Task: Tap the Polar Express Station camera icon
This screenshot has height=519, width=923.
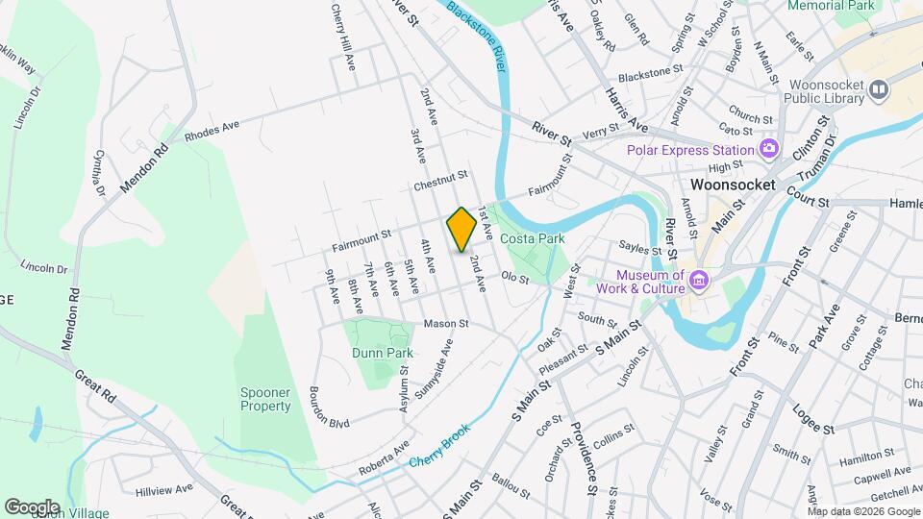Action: [768, 148]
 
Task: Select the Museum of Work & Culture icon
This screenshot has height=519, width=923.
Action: [699, 281]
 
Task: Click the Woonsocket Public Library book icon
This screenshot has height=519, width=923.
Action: [878, 90]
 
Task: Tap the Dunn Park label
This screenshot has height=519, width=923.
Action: [382, 353]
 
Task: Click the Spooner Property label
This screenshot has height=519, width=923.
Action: [265, 399]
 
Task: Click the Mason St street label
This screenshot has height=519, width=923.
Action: [445, 324]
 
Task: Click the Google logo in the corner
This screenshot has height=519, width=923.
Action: [32, 507]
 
